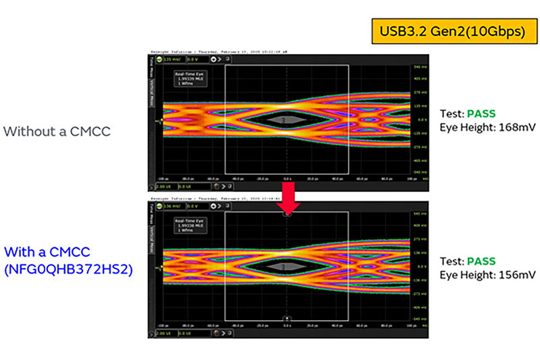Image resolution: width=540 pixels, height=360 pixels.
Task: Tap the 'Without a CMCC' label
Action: [x=57, y=131]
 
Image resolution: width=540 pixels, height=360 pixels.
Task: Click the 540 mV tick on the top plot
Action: [x=419, y=68]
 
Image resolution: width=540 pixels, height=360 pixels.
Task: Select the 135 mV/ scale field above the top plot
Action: [x=171, y=59]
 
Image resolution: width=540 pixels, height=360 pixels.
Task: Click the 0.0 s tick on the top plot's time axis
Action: [x=287, y=179]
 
